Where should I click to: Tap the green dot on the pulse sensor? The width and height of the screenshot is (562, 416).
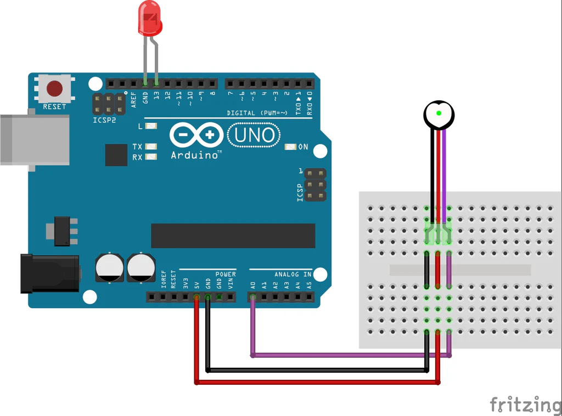tap(439, 113)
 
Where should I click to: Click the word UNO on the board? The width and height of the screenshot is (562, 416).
tap(255, 134)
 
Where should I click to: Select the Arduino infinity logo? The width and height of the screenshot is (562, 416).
tap(196, 135)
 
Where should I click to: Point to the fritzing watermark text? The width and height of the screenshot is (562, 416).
tap(525, 404)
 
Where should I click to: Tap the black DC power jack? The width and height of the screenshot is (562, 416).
tap(49, 273)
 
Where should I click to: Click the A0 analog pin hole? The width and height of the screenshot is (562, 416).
tap(252, 298)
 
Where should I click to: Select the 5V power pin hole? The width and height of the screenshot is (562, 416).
tap(196, 298)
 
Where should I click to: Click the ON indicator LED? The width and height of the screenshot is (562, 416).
tap(290, 147)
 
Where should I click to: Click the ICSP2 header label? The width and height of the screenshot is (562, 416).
tap(104, 119)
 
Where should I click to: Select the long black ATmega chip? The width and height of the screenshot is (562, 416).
tap(233, 236)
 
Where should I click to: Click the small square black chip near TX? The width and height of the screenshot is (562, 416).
tap(116, 155)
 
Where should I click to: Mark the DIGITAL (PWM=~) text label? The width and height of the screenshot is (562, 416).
tap(257, 113)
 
